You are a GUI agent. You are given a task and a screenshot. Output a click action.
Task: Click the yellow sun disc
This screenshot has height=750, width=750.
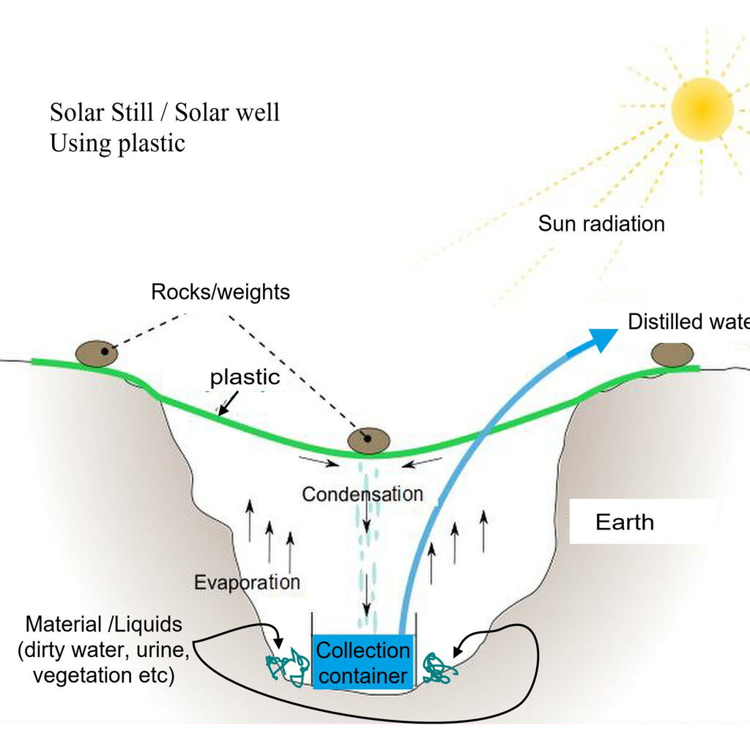[702, 108]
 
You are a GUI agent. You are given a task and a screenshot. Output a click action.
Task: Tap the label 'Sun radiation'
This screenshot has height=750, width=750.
[601, 223]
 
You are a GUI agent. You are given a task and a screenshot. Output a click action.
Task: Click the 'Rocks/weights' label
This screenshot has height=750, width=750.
[220, 292]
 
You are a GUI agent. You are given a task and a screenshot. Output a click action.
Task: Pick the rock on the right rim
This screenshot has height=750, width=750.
[672, 354]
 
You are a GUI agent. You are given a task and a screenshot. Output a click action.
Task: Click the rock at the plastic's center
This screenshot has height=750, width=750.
[368, 439]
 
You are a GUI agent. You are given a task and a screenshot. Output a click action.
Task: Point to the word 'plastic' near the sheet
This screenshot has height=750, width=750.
[245, 377]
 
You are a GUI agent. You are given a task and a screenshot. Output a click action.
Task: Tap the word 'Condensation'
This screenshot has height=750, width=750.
[363, 494]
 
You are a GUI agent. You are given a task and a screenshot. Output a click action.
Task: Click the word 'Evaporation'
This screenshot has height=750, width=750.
[247, 583]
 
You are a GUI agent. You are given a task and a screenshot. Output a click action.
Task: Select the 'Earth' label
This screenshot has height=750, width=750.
[624, 522]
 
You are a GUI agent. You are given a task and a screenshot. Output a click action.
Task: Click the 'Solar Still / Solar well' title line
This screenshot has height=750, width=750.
[165, 114]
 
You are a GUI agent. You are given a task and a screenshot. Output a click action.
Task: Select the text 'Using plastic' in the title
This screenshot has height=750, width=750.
[117, 143]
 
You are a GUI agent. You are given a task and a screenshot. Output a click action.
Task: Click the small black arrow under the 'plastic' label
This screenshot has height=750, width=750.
[227, 402]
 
